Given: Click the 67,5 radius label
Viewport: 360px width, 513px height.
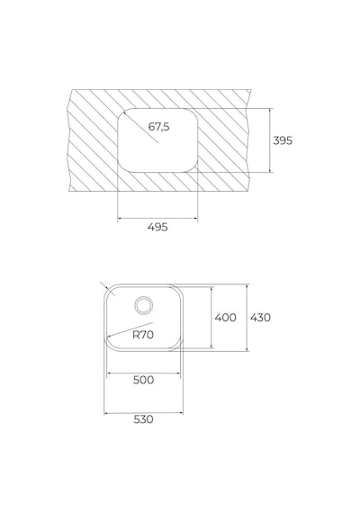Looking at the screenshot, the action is tap(159, 127).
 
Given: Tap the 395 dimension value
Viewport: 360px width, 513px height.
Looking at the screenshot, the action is tap(283, 140).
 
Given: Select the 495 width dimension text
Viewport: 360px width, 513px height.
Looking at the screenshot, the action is tap(157, 227).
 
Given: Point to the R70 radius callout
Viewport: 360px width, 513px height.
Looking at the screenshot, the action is tap(143, 335).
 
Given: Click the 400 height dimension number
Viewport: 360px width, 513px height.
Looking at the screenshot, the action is tap(226, 317).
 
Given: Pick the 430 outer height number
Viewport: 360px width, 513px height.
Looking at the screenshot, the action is tap(260, 318).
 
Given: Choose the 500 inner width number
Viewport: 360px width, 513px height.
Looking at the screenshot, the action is tap(144, 380).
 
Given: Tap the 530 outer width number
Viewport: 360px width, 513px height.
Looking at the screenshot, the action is tap(144, 419).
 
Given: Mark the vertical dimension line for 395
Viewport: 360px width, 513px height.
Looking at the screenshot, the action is tap(270, 140).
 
